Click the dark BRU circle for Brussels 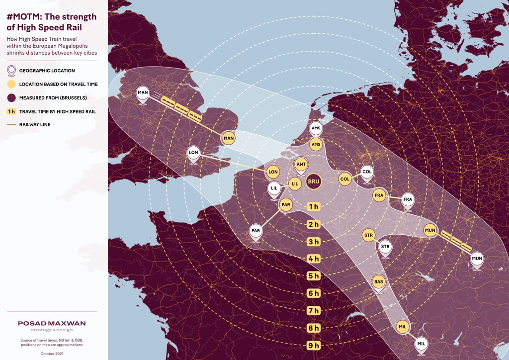(314, 181)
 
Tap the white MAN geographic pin (143, 93)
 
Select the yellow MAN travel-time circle (228, 138)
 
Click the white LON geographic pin (193, 153)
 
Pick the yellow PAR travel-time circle (285, 204)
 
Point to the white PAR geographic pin (256, 231)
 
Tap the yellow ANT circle (301, 164)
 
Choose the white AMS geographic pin (316, 128)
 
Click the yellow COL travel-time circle (345, 179)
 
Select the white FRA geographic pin (408, 199)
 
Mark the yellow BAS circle (379, 282)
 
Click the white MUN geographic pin (477, 258)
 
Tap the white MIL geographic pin (422, 344)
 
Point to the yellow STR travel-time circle (368, 235)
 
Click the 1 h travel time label (313, 206)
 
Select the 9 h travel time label (313, 345)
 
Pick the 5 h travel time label (313, 276)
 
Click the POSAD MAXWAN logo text (52, 323)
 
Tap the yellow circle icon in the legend (11, 84)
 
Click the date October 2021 (52, 354)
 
